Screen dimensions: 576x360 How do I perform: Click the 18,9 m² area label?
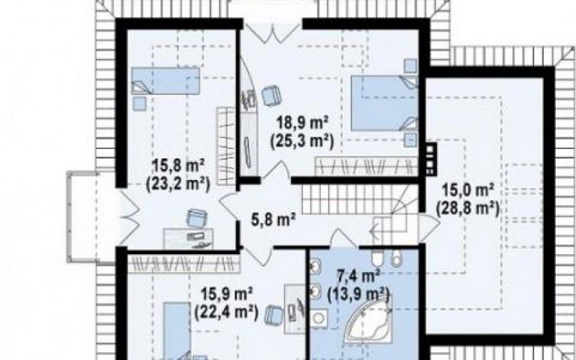click(x=302, y=122)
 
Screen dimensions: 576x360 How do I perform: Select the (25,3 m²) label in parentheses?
click(x=302, y=141)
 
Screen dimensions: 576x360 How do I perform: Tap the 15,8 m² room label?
click(x=178, y=166)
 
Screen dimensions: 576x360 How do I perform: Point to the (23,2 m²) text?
click(x=178, y=184)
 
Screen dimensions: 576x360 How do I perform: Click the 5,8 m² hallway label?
click(x=274, y=220)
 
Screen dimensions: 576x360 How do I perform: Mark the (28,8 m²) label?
click(x=467, y=209)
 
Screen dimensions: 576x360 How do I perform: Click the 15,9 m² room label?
click(x=226, y=294)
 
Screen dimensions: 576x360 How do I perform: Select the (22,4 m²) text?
click(x=226, y=313)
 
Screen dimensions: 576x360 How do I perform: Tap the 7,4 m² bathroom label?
click(x=358, y=276)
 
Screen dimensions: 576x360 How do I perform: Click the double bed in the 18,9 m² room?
click(x=384, y=103)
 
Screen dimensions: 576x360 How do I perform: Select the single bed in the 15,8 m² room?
click(x=166, y=81)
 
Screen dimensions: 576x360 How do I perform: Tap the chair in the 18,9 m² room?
click(x=272, y=96)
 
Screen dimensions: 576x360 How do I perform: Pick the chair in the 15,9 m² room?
click(x=274, y=315)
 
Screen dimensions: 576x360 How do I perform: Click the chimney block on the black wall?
click(x=431, y=158)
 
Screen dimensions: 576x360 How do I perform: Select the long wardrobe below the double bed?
click(x=366, y=166)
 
